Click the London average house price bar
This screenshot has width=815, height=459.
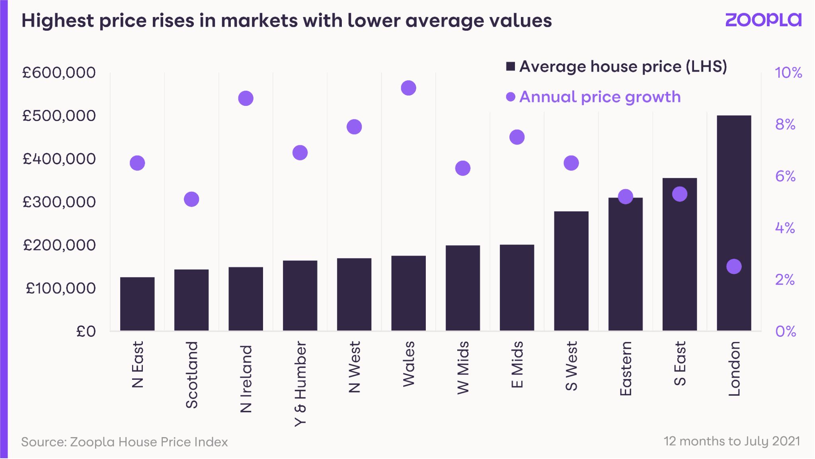coord(734,223)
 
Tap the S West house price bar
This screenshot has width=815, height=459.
coord(571,271)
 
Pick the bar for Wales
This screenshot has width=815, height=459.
coord(408,293)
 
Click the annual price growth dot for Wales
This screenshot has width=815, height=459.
coord(408,88)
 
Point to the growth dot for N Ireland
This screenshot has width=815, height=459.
coord(246,98)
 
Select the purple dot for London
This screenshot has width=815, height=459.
coord(734,266)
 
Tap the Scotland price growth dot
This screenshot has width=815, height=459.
coord(191,199)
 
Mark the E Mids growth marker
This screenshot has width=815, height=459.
coord(517,137)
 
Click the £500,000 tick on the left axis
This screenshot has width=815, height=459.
coord(59,116)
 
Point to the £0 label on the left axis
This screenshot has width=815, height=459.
coord(86,331)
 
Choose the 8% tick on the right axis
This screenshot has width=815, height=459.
coord(785,125)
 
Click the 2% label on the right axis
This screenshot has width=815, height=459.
coord(784,280)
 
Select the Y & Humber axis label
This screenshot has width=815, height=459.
coord(300,384)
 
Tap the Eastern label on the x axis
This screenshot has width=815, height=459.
coord(626,369)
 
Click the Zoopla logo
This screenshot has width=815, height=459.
coord(763,20)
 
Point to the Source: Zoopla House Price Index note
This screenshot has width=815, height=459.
coord(125,442)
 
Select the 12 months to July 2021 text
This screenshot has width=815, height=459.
coord(731,441)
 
